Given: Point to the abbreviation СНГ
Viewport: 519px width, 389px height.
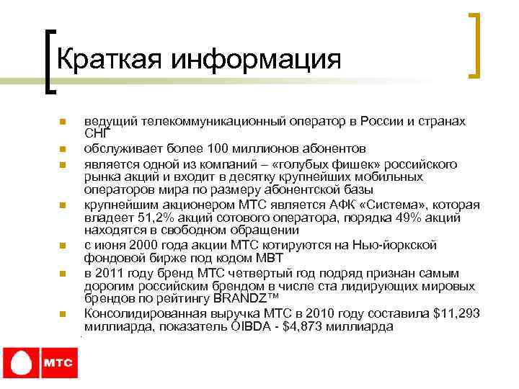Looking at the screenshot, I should [x=97, y=133].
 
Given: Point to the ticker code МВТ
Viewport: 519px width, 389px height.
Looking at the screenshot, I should [x=271, y=258].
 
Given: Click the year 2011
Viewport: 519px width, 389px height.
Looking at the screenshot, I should [x=112, y=273].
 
